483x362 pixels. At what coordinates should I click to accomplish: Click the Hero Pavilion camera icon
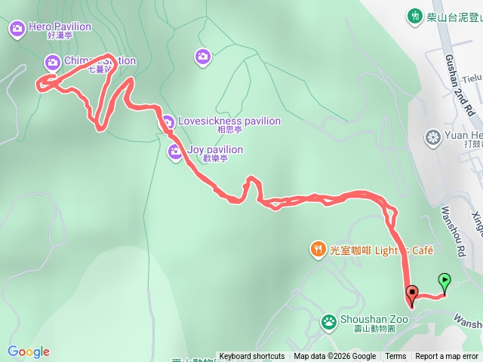(x=17, y=29)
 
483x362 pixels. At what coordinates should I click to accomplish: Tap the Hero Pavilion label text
(x=60, y=27)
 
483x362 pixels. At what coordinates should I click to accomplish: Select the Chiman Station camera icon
(x=52, y=61)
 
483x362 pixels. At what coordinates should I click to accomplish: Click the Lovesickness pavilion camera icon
(x=167, y=121)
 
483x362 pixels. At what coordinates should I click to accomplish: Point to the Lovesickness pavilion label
(x=228, y=121)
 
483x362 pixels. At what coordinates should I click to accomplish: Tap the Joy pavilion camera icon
(x=175, y=152)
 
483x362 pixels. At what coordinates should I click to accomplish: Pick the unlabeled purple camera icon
(x=202, y=56)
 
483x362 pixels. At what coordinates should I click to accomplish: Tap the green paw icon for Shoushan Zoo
(x=330, y=321)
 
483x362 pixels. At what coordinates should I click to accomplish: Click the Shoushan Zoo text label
(x=374, y=319)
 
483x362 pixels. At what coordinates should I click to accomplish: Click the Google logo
(x=29, y=351)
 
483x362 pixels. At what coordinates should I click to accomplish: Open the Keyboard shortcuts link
(x=252, y=357)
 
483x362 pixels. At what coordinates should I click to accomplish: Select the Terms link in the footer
(x=395, y=357)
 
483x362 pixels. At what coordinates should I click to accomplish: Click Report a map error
(x=447, y=357)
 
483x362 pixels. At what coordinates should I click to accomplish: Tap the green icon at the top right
(x=415, y=15)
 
